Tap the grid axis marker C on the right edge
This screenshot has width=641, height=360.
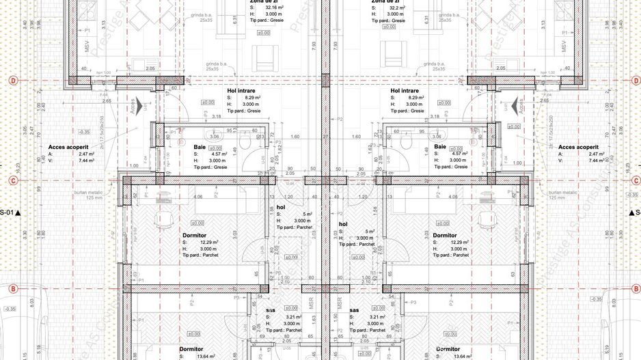[628, 181]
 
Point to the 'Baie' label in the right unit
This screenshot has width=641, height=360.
[440, 147]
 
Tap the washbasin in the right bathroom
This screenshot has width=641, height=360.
[444, 135]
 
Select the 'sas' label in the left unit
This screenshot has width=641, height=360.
[271, 310]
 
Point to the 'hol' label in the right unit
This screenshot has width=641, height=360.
[344, 224]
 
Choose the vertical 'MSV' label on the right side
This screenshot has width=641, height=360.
[565, 49]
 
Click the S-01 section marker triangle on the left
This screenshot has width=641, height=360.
[18, 213]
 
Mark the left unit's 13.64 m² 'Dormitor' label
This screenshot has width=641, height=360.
[192, 349]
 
